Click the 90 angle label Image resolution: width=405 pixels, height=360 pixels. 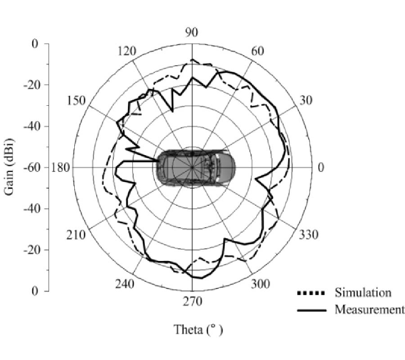[192, 32]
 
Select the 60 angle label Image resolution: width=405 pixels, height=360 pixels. [257, 51]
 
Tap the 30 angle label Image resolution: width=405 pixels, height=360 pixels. [306, 100]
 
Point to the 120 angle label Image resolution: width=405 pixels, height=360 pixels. [126, 51]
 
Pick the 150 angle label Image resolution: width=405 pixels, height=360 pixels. [76, 100]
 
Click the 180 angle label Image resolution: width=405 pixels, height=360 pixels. [60, 167]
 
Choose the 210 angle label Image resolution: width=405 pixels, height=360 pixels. [76, 235]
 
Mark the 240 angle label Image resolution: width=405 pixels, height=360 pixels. [125, 284]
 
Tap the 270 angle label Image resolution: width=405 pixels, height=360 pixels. [193, 301]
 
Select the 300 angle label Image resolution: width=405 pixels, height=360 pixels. [261, 284]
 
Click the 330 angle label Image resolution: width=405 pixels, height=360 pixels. [308, 235]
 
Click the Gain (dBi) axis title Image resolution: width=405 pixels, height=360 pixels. [9, 167]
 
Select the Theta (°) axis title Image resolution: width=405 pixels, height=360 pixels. [198, 330]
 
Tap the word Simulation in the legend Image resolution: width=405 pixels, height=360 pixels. [363, 292]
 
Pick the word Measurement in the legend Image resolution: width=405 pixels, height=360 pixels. [369, 309]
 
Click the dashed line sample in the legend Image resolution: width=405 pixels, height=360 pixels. [311, 293]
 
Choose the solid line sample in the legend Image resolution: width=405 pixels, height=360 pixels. [311, 310]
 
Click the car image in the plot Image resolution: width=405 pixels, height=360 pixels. [196, 167]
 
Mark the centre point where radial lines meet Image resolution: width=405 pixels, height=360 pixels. [192, 167]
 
